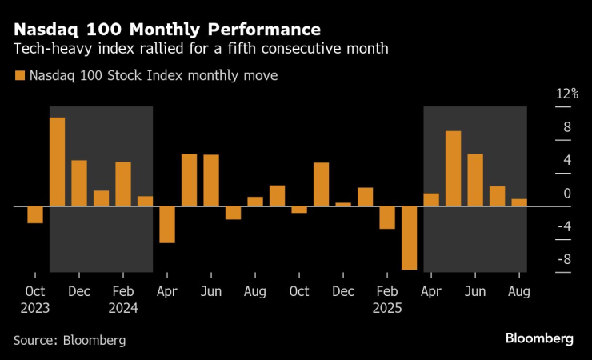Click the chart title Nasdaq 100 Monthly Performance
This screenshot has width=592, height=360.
coord(167,30)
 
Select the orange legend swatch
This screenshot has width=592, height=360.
coord(19,76)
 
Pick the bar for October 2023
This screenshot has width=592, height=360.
coord(35,214)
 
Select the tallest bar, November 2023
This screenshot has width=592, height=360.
coord(57,162)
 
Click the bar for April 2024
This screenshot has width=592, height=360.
coord(167,224)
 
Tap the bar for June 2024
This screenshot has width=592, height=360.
coord(211,180)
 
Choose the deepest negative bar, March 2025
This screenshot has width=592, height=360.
coord(409,238)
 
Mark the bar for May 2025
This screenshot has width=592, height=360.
coord(453,169)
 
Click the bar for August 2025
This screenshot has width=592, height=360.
coord(518,202)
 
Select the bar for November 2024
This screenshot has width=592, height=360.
coord(321,184)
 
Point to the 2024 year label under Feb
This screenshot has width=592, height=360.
coord(123,308)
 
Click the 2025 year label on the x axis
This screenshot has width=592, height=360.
coord(388,308)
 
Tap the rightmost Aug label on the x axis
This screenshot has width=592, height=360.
coord(518,292)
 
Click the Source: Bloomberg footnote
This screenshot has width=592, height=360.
coord(70,340)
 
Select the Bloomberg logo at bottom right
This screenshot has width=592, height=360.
coord(538,338)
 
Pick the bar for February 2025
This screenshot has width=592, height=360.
coord(387,218)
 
